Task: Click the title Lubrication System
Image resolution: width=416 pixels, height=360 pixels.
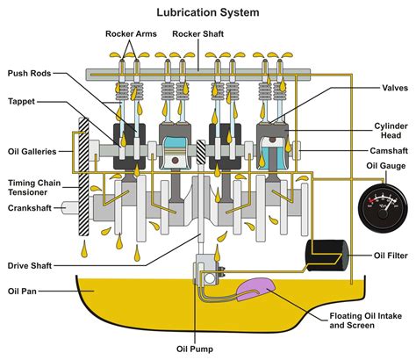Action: click(x=208, y=12)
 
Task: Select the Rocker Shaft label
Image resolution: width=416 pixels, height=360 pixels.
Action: click(x=199, y=34)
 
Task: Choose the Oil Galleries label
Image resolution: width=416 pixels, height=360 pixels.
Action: click(x=31, y=150)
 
